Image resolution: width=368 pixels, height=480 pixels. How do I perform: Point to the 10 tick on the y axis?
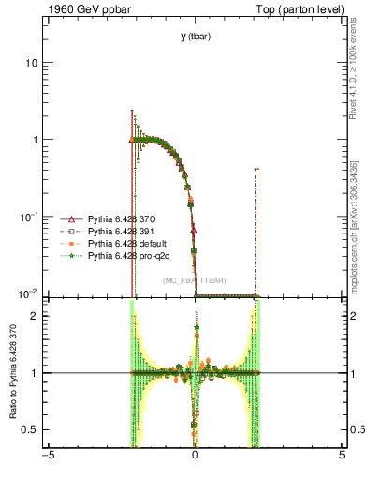pos(31,63)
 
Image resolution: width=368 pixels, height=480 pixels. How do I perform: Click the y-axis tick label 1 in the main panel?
pos(35,140)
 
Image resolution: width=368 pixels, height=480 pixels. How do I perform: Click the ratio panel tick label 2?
pos(35,316)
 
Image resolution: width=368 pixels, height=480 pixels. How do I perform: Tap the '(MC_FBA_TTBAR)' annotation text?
pos(195,279)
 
